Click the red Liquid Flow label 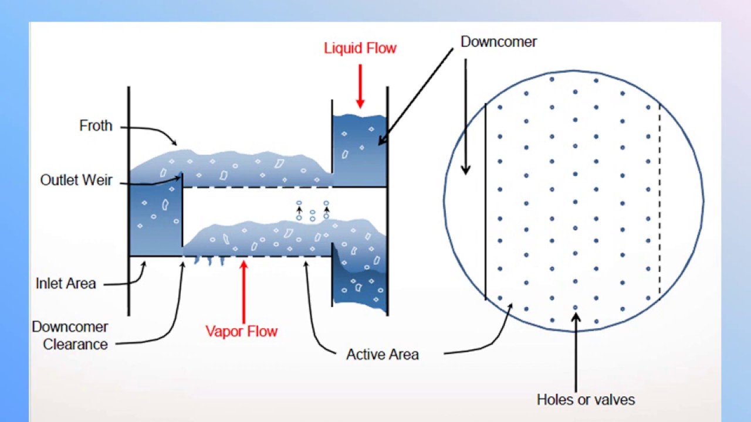click(360, 48)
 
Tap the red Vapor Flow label click(241, 331)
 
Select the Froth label click(96, 126)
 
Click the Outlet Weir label click(76, 180)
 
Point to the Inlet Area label click(65, 284)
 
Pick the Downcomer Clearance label click(70, 335)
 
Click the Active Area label click(382, 355)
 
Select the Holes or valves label click(586, 400)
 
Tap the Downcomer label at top click(498, 42)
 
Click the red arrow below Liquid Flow click(360, 86)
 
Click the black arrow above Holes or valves click(576, 352)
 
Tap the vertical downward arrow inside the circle click(466, 117)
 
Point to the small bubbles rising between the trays click(312, 210)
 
